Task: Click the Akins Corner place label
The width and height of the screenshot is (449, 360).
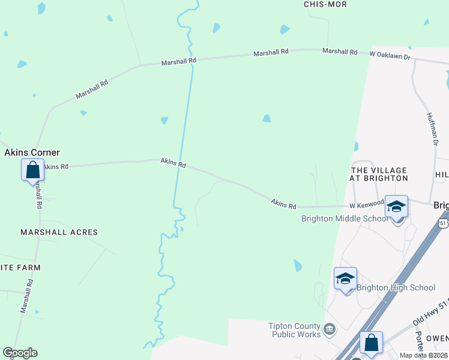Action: [32, 152]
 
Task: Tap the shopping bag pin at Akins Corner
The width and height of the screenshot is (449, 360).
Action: [32, 170]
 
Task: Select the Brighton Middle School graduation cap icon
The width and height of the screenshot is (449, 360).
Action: [396, 206]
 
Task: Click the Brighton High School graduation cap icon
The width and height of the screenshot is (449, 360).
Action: [345, 278]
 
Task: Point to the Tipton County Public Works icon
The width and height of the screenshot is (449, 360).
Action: [329, 328]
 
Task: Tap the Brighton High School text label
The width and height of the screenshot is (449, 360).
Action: [396, 288]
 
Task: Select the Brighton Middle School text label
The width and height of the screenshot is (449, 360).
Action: [345, 218]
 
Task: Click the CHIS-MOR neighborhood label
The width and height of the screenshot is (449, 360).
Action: [325, 4]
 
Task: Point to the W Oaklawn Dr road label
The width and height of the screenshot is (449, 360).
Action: [390, 55]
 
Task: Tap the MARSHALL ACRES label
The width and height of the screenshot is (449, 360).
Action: [59, 232]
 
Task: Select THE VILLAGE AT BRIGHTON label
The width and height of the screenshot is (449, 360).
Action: [379, 175]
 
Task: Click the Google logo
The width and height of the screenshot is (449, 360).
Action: [20, 353]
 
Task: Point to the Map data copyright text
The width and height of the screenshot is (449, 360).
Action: [424, 355]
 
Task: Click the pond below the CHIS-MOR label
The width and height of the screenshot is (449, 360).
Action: [285, 29]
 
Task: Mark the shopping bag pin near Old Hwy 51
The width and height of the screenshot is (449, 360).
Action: [372, 343]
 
